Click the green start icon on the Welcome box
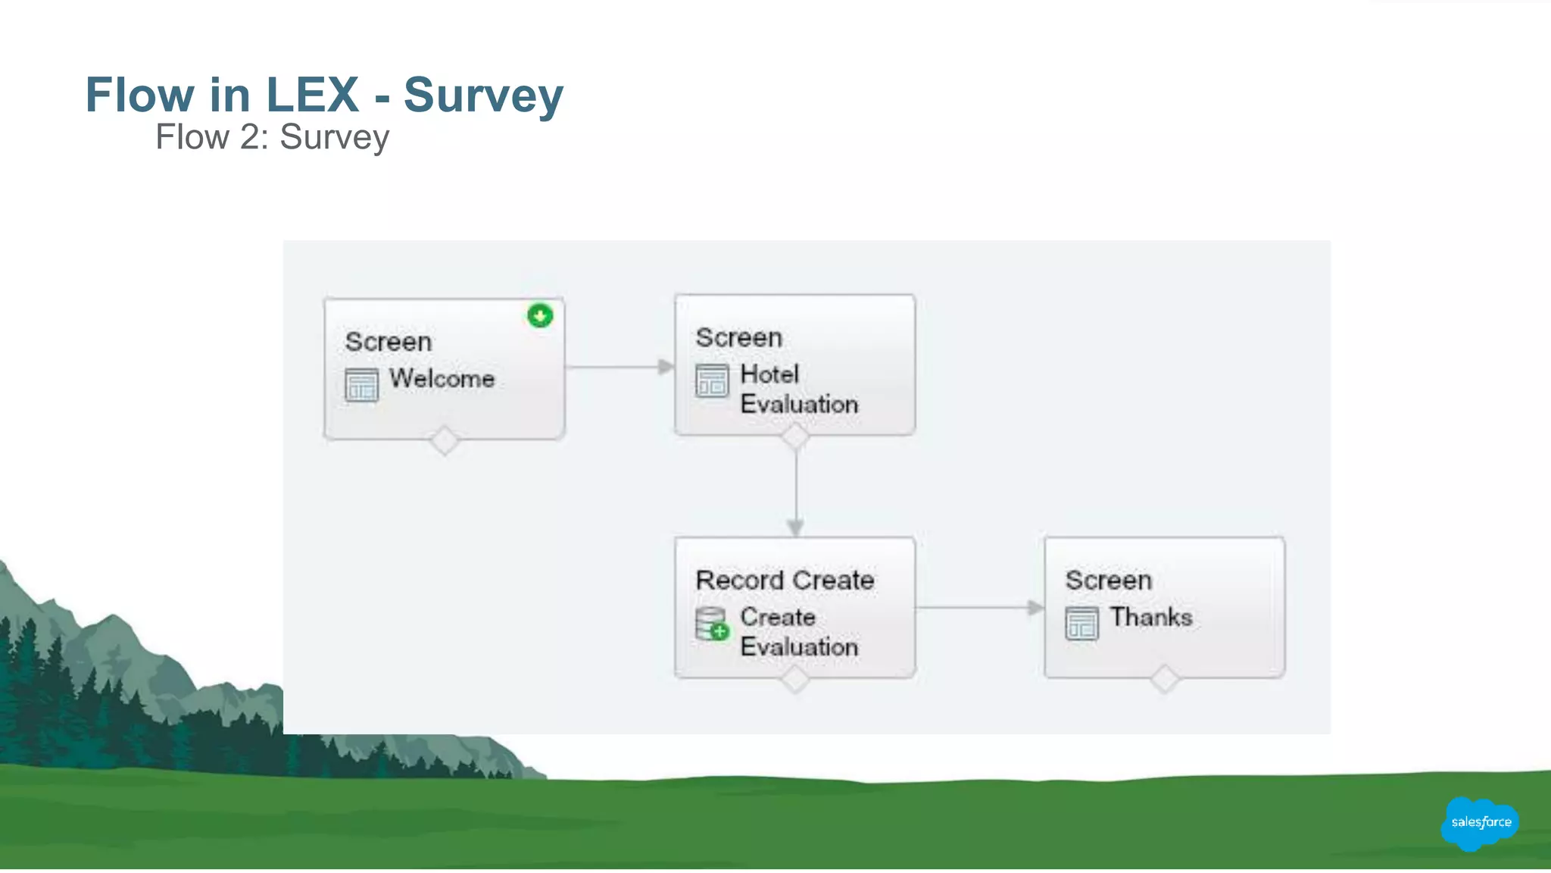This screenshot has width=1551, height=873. pyautogui.click(x=540, y=315)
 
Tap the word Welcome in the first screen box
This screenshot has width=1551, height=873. pyautogui.click(x=442, y=378)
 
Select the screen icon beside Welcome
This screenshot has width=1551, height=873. pyautogui.click(x=361, y=384)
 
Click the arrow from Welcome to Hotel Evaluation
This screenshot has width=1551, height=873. pyautogui.click(x=619, y=367)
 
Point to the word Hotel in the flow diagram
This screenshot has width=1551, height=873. pyautogui.click(x=769, y=374)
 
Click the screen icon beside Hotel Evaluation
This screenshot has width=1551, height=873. pyautogui.click(x=712, y=380)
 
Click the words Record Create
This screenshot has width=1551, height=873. pyautogui.click(x=785, y=580)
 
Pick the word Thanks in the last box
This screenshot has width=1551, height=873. pyautogui.click(x=1151, y=617)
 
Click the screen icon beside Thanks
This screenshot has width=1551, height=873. pyautogui.click(x=1081, y=624)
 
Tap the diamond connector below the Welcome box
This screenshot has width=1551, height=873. pyautogui.click(x=444, y=440)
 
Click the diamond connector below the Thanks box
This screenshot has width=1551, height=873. pyautogui.click(x=1164, y=678)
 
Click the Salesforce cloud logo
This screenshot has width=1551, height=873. pyautogui.click(x=1480, y=822)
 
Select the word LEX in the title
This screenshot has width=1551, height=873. pyautogui.click(x=312, y=95)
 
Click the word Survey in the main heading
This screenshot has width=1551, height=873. pyautogui.click(x=483, y=95)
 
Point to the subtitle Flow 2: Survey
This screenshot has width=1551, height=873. pyautogui.click(x=272, y=137)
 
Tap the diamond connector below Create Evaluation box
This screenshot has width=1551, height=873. pyautogui.click(x=795, y=678)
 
